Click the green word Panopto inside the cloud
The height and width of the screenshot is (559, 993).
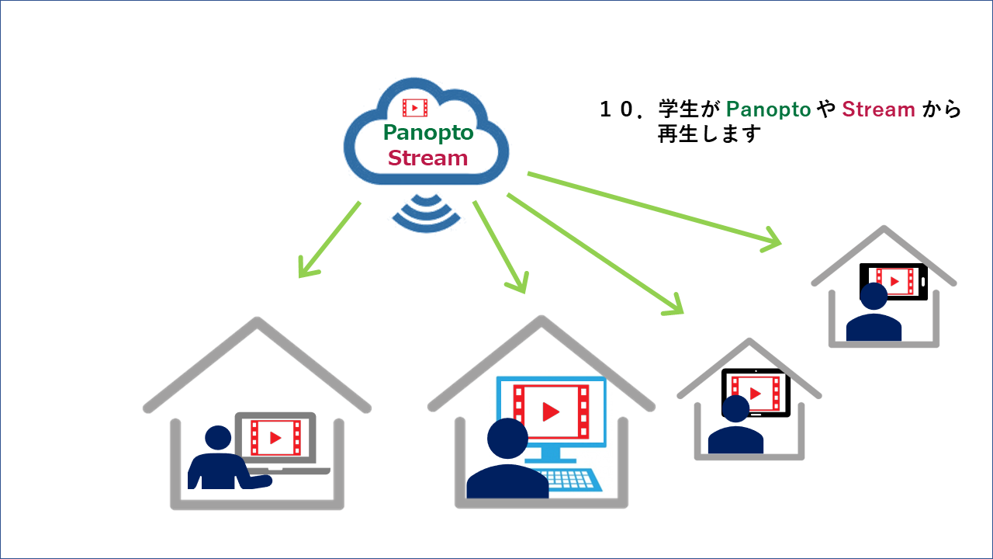click(427, 133)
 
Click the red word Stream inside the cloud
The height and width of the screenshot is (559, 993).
click(427, 158)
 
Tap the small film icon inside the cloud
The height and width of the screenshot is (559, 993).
click(415, 108)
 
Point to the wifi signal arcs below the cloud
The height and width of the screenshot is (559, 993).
click(426, 210)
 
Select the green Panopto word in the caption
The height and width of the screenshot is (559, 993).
click(768, 109)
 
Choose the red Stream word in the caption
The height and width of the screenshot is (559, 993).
click(878, 109)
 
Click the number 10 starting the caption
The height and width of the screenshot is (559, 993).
click(618, 109)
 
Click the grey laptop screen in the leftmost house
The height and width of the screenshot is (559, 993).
click(275, 437)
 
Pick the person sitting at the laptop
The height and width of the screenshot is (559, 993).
click(220, 462)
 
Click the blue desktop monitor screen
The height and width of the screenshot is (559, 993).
click(552, 409)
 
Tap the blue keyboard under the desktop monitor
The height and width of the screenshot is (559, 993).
click(570, 477)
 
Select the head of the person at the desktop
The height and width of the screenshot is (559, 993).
click(507, 439)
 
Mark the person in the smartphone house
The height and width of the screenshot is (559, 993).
click(874, 314)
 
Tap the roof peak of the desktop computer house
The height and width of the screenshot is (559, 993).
click(541, 319)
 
